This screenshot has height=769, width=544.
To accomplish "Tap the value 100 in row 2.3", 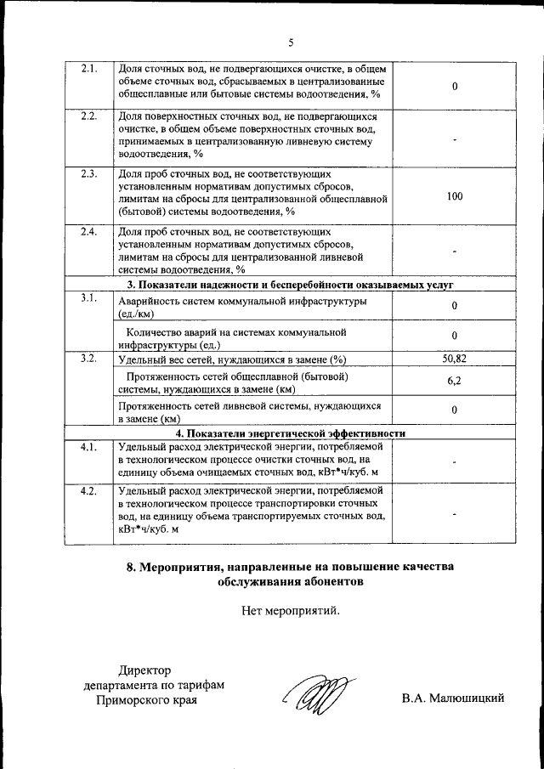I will click(x=455, y=196).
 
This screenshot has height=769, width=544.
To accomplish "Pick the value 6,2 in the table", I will click(x=455, y=382).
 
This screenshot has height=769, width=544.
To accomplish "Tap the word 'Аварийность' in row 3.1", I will click(x=151, y=303).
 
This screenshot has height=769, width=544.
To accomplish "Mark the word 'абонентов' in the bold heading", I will click(x=325, y=582).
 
